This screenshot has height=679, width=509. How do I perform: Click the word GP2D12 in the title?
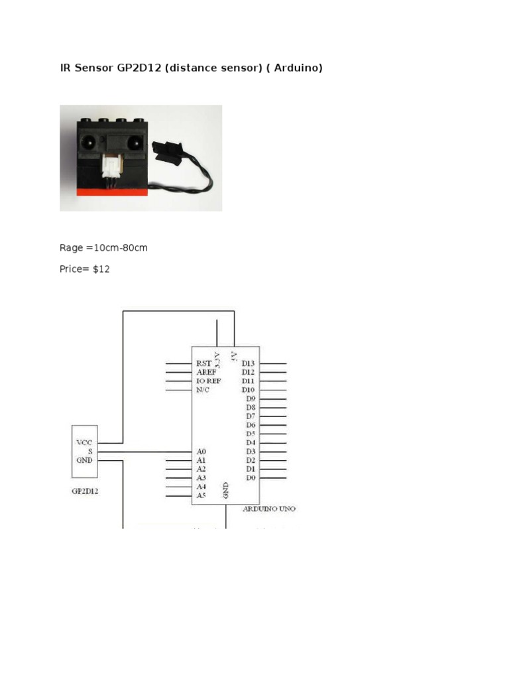tap(141, 67)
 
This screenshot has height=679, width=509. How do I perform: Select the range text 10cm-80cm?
tap(121, 248)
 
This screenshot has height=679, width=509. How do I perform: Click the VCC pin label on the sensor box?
tap(85, 442)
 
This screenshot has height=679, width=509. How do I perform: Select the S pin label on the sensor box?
tap(88, 451)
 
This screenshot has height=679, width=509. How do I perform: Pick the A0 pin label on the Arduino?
tap(201, 451)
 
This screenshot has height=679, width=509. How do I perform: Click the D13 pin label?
tap(249, 363)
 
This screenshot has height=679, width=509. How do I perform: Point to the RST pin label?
tap(203, 363)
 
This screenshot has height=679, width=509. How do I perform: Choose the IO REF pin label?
tap(209, 381)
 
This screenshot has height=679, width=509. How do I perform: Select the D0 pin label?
tap(251, 477)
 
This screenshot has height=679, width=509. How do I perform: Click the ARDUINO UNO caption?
tap(269, 509)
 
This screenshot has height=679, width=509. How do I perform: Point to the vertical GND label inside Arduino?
tap(225, 490)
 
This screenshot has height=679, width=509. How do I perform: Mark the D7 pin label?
tap(251, 416)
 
